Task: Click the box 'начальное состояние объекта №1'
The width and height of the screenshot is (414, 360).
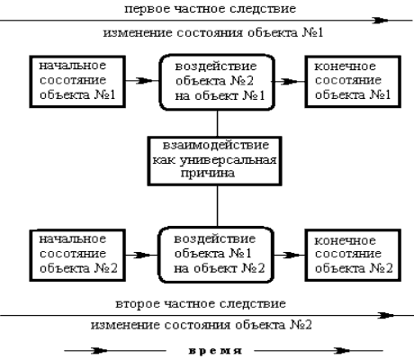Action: coord(77,81)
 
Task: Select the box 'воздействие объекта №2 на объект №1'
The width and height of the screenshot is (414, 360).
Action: coord(217,82)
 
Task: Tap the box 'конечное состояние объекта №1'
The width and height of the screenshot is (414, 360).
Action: coord(353,81)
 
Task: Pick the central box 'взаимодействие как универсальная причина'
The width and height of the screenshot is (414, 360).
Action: coord(214,161)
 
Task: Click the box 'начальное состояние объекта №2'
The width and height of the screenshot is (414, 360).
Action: coord(77,256)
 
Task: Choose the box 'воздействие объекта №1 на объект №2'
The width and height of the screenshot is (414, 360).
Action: coord(216,255)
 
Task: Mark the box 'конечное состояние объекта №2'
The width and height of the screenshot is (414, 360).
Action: coord(353,256)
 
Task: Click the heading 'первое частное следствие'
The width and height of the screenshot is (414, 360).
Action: coord(210,9)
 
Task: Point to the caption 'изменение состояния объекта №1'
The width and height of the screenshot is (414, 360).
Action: coord(213,32)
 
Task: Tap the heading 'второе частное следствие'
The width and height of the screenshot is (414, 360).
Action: coord(201,304)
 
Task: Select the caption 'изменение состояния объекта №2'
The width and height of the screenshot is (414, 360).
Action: coord(202,325)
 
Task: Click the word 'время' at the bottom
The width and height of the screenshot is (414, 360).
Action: coord(215,351)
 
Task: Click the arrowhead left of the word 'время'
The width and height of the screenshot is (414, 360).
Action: coord(99,350)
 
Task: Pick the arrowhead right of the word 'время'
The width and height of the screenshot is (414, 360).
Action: coord(342,350)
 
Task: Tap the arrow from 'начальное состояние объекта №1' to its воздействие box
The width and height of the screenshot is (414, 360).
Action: coord(142,81)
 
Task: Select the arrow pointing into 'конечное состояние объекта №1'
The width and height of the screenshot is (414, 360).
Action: coord(289,81)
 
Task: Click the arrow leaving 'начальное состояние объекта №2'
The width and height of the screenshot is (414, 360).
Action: coord(141,256)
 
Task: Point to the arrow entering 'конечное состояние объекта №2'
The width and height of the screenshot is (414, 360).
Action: coord(290,256)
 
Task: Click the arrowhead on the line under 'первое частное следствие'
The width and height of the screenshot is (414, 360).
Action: coord(380,21)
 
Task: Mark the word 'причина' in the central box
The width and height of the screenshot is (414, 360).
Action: coord(208,174)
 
